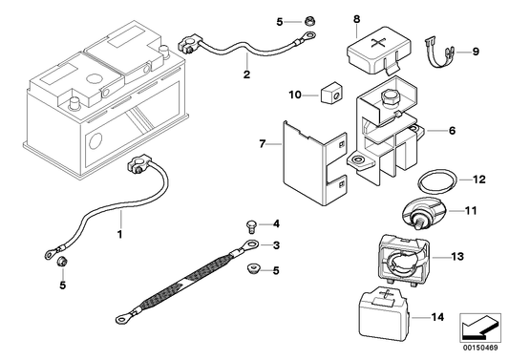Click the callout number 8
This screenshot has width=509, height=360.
(357, 19)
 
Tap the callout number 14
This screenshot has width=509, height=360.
(437, 317)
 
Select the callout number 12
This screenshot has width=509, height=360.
(479, 180)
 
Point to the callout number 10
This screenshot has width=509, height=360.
(295, 95)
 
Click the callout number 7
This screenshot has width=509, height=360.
(263, 143)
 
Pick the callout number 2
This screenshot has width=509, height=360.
(246, 74)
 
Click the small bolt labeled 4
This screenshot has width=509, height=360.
(251, 226)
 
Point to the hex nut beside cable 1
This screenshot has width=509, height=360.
(61, 261)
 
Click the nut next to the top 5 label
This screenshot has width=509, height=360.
(308, 22)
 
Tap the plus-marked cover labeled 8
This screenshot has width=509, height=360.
(378, 50)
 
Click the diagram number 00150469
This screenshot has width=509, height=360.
(480, 348)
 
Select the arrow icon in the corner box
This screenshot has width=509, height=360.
(479, 327)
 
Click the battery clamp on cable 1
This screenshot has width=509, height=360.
(138, 164)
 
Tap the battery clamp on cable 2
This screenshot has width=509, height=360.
(189, 45)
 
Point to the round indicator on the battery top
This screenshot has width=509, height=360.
(94, 79)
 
